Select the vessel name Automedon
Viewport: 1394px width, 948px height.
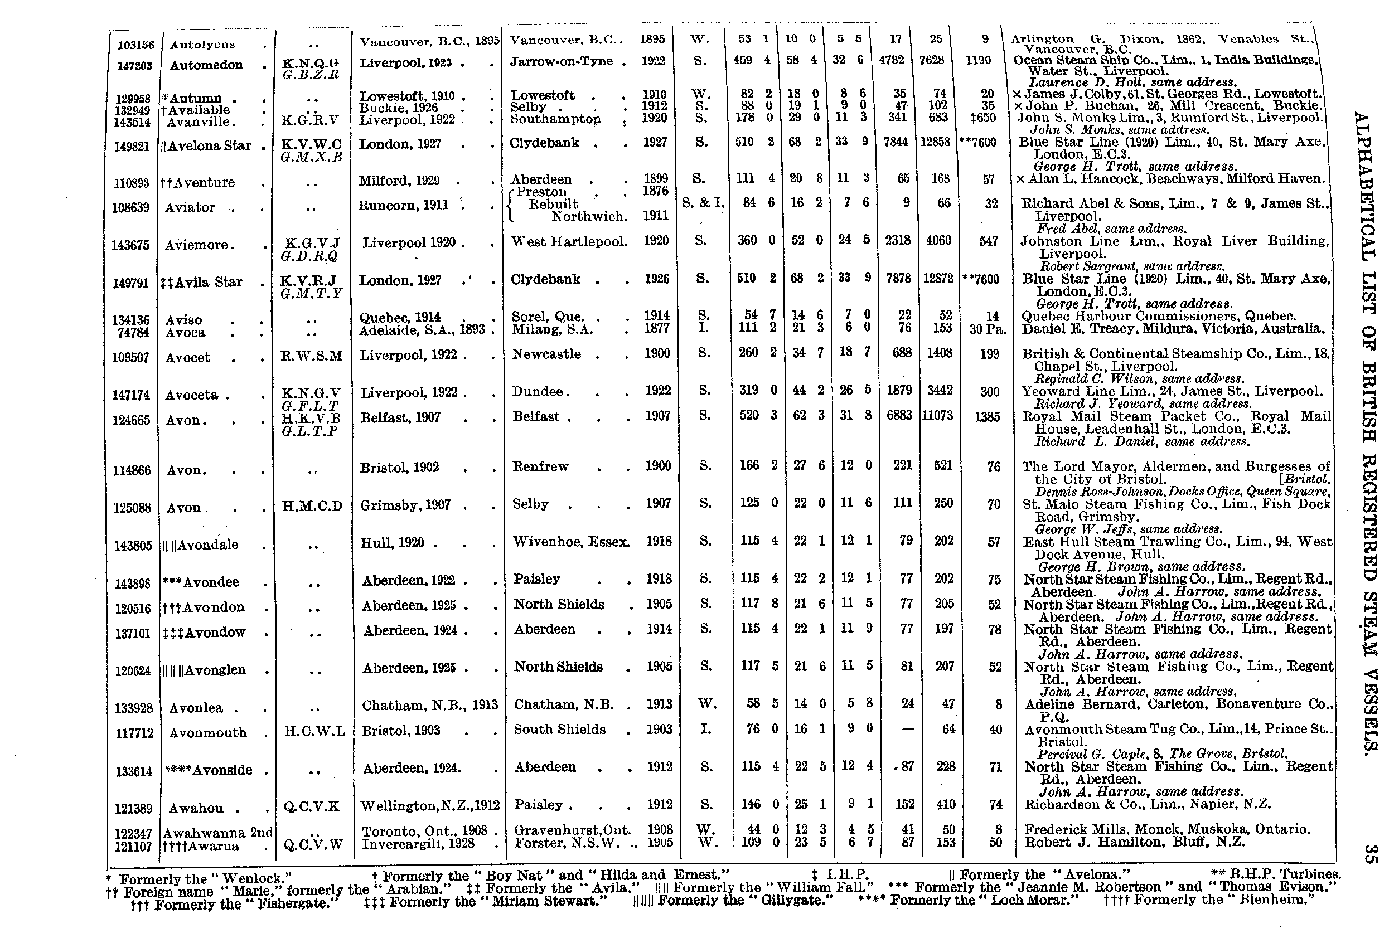click(x=206, y=65)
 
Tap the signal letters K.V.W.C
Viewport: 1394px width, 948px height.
click(x=312, y=144)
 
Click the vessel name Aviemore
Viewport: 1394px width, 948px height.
click(x=197, y=245)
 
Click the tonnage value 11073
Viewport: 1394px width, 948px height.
click(x=937, y=415)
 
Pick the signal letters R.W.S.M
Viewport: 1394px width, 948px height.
click(x=311, y=356)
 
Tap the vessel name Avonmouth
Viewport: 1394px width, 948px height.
click(x=207, y=732)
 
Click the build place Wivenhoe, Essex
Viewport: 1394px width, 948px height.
click(x=571, y=542)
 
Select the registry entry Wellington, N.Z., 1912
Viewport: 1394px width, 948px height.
click(x=429, y=805)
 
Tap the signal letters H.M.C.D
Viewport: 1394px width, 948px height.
click(x=312, y=506)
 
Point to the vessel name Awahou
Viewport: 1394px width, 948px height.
click(x=196, y=808)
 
